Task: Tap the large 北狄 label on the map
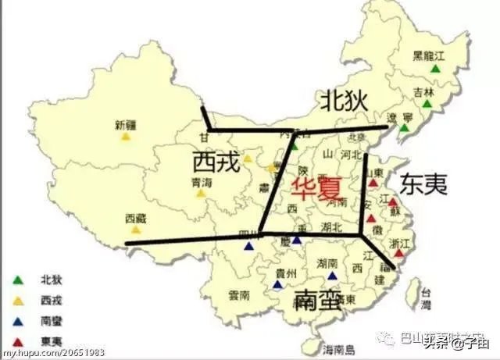344,100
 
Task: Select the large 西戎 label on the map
214,162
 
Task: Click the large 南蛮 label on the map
319,300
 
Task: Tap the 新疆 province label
125,123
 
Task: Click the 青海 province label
201,182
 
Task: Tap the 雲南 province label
239,296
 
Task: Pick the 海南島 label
339,348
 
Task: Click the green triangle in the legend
18,279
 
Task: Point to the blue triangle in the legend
18,320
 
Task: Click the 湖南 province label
328,263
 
